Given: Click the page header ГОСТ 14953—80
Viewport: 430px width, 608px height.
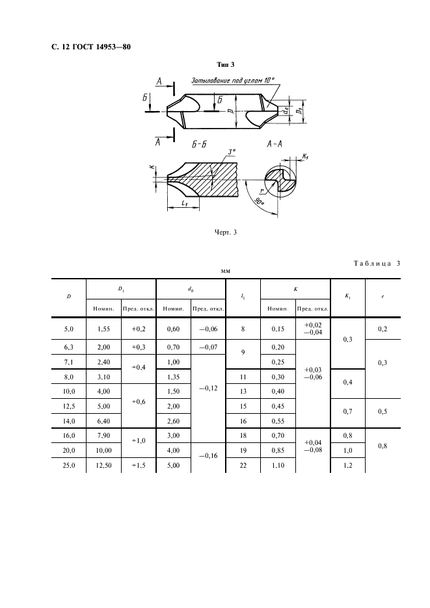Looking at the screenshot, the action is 101,47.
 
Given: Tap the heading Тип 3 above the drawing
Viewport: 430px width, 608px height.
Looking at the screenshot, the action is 226,64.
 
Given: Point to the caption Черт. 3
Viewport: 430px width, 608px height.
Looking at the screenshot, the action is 226,233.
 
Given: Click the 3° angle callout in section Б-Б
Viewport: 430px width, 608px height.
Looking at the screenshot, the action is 232,153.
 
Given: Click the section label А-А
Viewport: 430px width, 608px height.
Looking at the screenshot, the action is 275,144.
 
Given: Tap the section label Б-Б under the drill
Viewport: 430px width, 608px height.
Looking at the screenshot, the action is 199,145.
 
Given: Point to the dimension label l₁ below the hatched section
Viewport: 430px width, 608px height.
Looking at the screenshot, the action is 185,203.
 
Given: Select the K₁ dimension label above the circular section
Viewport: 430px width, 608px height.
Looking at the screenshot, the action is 305,157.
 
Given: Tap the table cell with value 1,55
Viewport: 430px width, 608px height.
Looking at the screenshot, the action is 103,329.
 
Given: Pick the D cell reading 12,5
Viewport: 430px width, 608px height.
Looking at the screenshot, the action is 69,407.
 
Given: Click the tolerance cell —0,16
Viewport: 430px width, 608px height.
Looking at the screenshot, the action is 208,455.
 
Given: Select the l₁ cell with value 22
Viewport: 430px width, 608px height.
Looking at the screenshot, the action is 243,465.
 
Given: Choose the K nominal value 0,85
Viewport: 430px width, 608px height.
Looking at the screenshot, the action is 278,451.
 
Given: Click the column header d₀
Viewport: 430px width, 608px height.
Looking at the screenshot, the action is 191,289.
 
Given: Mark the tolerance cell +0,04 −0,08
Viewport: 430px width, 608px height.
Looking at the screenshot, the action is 313,446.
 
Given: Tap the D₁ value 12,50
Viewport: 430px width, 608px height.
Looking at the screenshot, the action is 103,465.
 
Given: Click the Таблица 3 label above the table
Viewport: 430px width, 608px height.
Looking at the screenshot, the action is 377,263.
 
